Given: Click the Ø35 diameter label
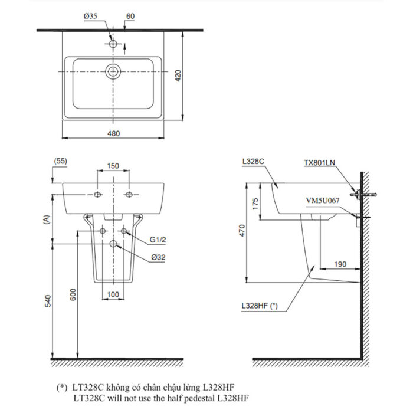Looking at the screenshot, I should [x=90, y=17].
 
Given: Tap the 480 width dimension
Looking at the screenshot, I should [x=113, y=133].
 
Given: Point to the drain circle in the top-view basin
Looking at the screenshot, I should [x=113, y=72].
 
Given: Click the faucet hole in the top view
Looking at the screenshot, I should [x=113, y=43].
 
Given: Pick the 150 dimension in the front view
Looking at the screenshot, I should [x=113, y=166].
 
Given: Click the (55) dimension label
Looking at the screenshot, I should [x=60, y=160].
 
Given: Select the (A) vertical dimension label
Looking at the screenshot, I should [x=45, y=219].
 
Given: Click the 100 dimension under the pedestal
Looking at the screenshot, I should [x=113, y=294].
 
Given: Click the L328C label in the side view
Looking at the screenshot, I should [x=252, y=160].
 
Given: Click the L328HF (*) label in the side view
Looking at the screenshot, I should [x=259, y=306].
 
